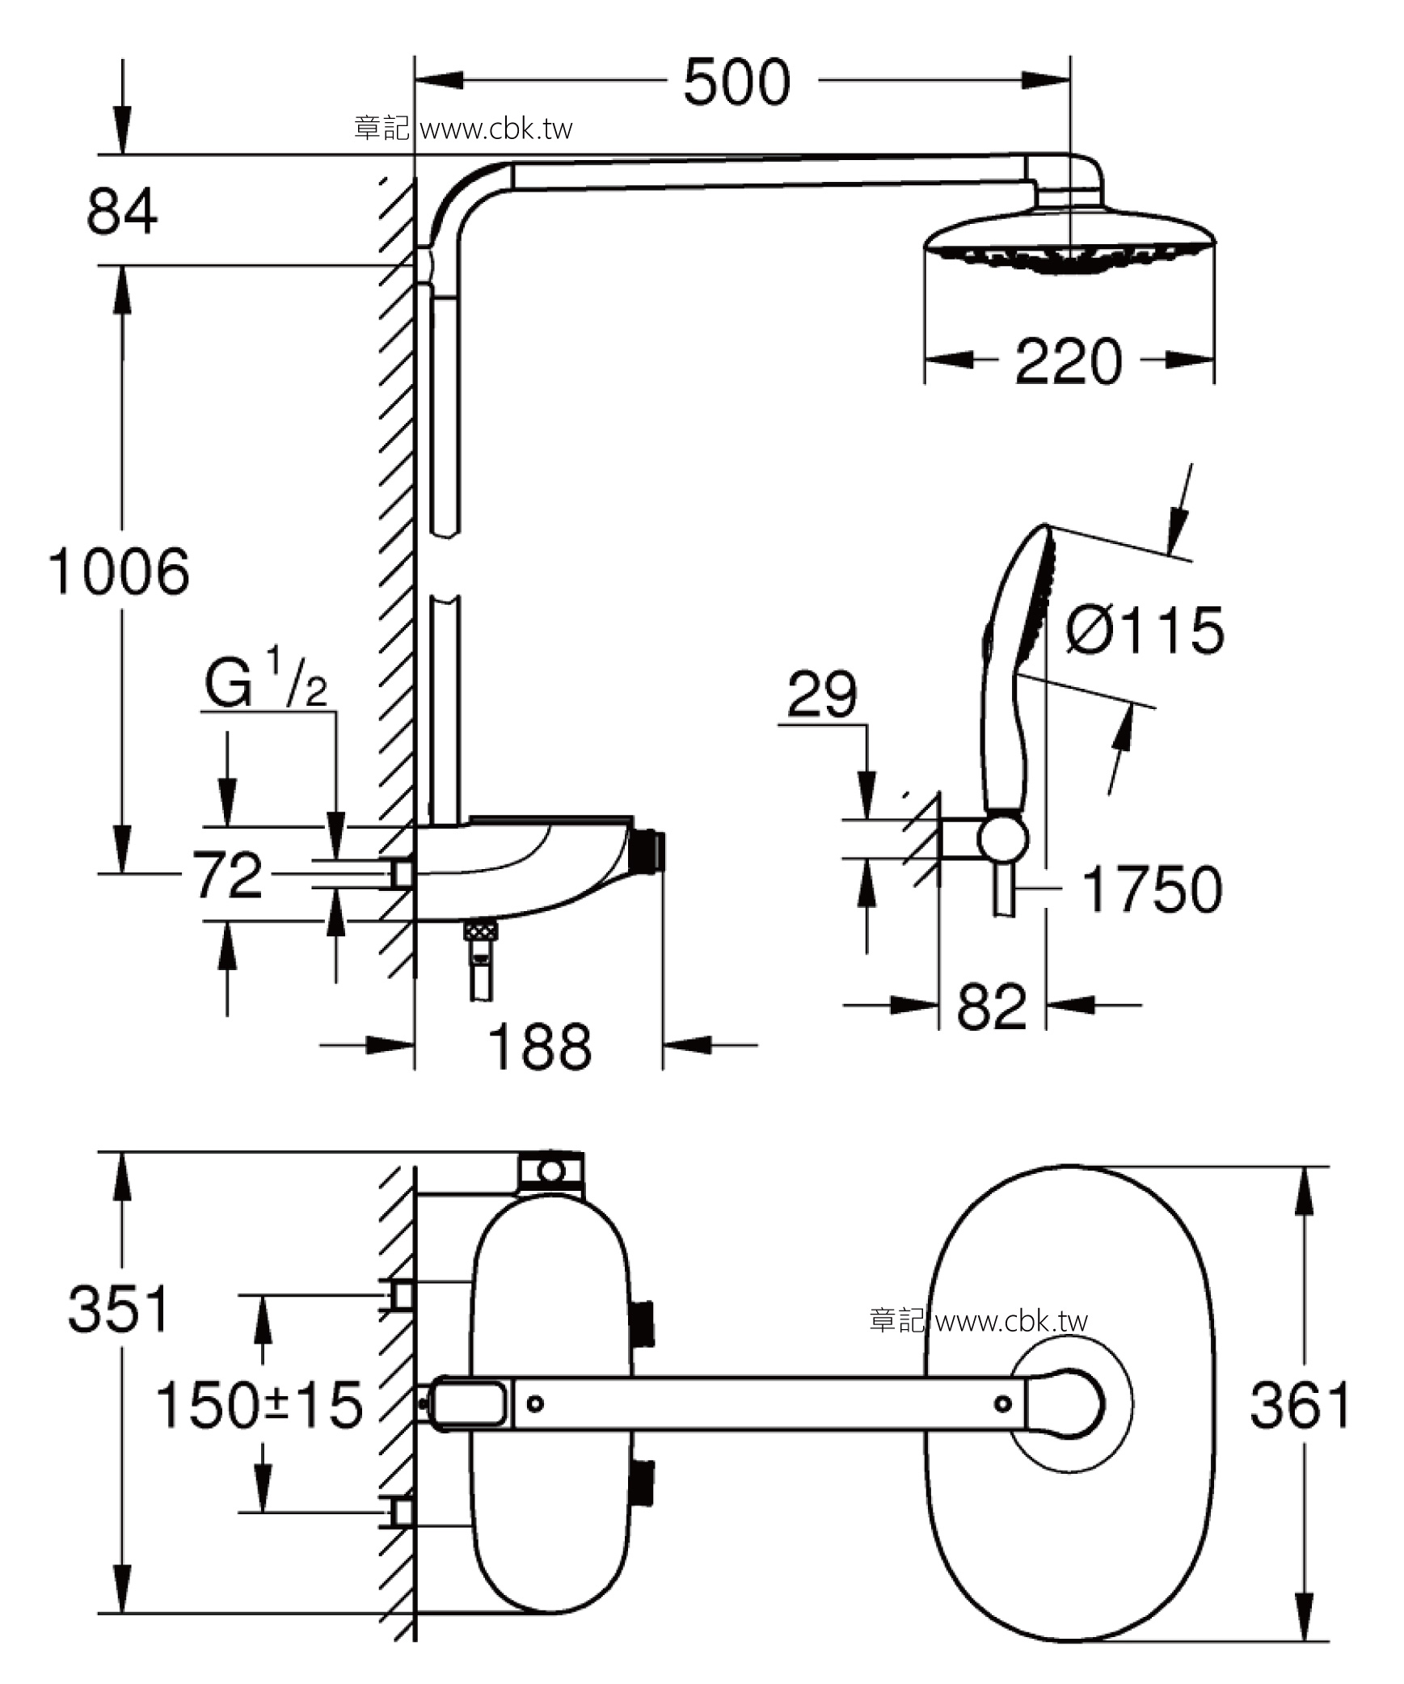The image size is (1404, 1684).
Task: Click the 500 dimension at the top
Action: tap(736, 82)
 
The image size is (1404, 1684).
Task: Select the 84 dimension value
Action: tap(122, 211)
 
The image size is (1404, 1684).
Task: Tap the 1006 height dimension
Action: tap(120, 572)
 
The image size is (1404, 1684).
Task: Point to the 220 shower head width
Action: tap(1069, 361)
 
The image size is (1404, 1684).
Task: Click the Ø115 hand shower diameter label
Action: tap(1144, 630)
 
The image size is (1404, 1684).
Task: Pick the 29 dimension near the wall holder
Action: tap(822, 694)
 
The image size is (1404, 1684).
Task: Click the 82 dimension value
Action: tap(992, 1007)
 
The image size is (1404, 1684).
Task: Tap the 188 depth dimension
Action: tap(540, 1046)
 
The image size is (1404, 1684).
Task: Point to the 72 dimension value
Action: tap(227, 874)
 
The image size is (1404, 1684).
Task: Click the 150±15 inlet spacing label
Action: tap(259, 1405)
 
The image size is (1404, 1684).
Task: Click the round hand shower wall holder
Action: tap(1003, 838)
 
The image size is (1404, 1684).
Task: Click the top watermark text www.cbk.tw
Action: tap(497, 129)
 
